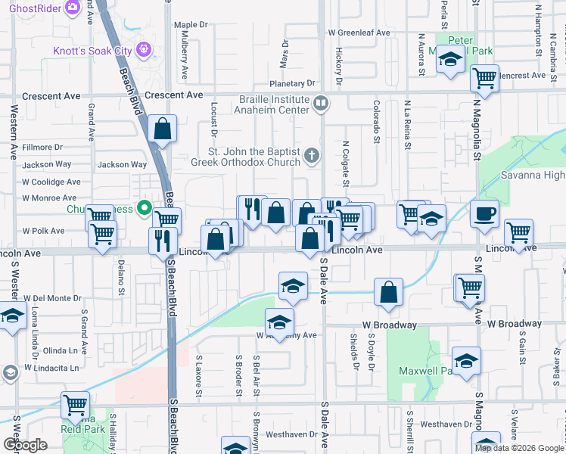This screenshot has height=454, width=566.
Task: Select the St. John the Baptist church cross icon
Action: (x=311, y=157)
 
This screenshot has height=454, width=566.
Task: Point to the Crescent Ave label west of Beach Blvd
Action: (x=51, y=96)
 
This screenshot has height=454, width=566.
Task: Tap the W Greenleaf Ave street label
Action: (x=359, y=33)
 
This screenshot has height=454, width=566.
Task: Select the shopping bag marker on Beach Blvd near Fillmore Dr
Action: (x=163, y=129)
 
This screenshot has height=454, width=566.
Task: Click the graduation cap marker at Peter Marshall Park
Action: (x=450, y=60)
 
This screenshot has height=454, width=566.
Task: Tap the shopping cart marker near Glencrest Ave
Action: (x=484, y=77)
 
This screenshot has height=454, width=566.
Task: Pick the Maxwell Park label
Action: (x=420, y=372)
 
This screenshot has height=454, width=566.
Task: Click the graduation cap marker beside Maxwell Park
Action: (x=466, y=360)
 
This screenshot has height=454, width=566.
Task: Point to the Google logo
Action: (x=25, y=445)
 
